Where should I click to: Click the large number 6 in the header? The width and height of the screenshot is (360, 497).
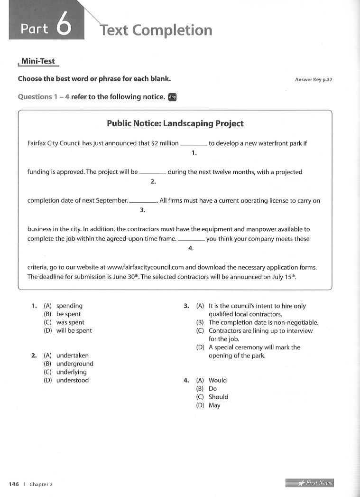(64, 26)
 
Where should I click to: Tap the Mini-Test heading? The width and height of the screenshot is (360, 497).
(38, 62)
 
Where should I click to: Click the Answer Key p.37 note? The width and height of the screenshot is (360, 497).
(314, 80)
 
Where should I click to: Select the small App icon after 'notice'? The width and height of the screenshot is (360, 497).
(172, 97)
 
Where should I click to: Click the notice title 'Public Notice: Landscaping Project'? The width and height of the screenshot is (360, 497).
(175, 124)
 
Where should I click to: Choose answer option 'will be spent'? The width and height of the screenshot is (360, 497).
(74, 331)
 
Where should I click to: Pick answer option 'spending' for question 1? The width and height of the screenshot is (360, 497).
(69, 306)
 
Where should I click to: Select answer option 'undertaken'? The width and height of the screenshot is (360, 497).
(72, 356)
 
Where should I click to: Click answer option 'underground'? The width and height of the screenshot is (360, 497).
(74, 364)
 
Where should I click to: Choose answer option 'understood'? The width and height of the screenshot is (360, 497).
(72, 380)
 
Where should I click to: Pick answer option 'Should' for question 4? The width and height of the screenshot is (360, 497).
(218, 397)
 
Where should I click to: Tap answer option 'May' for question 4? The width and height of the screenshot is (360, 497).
(214, 405)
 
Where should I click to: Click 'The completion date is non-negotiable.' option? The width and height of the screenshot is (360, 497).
(263, 323)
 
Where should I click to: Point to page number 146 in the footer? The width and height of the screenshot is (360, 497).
(14, 484)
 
